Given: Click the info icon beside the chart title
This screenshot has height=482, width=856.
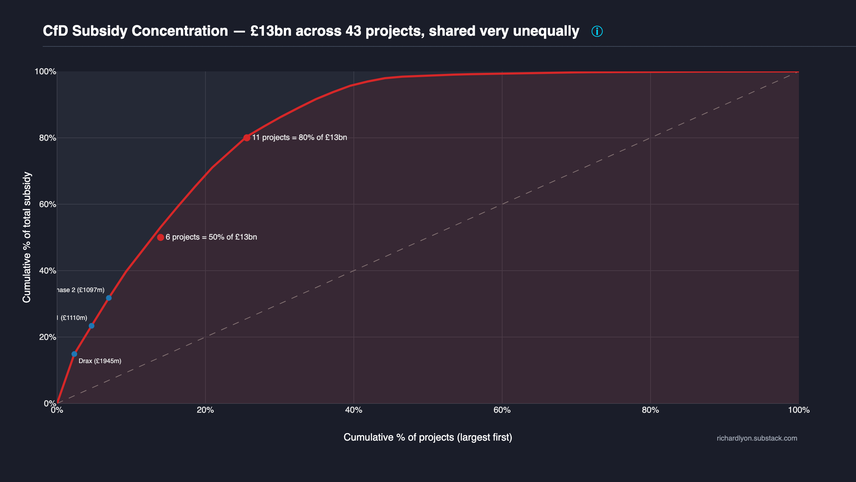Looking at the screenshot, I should click(597, 31).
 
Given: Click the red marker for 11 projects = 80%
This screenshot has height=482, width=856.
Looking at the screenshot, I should click(247, 138).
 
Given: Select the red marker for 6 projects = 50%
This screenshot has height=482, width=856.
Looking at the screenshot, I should click(160, 237).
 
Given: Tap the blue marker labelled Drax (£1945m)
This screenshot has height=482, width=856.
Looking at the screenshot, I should click(74, 354).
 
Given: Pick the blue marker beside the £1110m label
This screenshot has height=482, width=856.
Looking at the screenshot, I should click(92, 326).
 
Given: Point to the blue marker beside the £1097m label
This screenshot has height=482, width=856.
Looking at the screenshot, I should click(109, 298).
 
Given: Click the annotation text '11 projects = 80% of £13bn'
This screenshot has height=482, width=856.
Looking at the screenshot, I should click(299, 137).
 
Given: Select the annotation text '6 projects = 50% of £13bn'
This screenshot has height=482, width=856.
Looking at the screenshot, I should click(211, 237).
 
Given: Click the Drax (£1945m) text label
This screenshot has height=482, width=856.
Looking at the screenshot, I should click(100, 361).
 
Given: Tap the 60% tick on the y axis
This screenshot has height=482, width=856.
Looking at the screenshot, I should click(47, 205).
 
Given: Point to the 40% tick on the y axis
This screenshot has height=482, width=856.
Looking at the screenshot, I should click(47, 271).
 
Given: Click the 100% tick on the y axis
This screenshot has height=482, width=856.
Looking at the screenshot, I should click(45, 72).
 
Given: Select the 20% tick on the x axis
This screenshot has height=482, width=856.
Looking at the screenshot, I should click(205, 410).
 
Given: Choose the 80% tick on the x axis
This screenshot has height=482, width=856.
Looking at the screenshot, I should click(650, 410).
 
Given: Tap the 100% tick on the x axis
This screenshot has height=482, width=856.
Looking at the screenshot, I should click(799, 410).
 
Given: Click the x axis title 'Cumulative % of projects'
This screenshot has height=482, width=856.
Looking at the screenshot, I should click(428, 437).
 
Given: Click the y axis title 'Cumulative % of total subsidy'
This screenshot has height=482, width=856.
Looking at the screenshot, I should click(27, 237).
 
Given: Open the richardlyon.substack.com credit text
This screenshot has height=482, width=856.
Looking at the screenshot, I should click(757, 438).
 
